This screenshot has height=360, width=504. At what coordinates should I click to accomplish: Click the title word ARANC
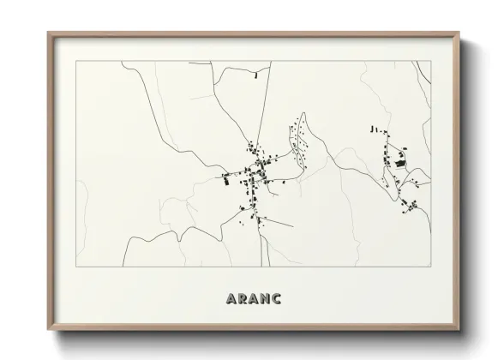[x=252, y=300]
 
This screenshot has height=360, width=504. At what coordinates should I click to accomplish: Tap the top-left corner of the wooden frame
[x=49, y=33]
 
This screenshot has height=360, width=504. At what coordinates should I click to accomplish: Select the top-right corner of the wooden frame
[x=459, y=33]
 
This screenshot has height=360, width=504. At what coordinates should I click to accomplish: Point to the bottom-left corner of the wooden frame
[x=49, y=329]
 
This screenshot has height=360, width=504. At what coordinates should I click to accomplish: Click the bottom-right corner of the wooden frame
[x=459, y=329]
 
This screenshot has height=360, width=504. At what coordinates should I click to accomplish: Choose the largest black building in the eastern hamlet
[x=399, y=160]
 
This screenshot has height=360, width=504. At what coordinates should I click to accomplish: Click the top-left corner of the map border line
[x=76, y=61]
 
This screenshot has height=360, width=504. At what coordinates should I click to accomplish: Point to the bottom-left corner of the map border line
[x=76, y=267]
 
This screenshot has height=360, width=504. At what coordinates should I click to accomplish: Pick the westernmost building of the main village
[x=225, y=179]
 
